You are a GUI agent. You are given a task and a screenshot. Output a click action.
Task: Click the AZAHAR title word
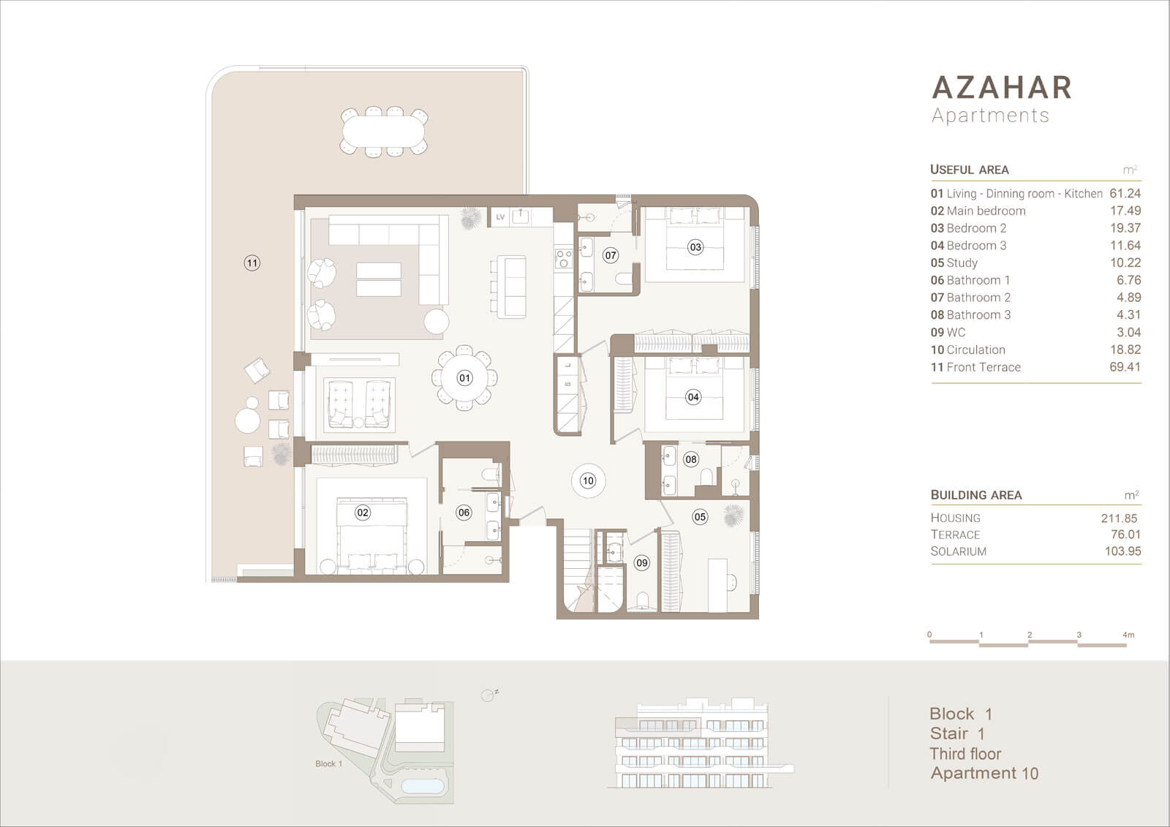[x=1002, y=87]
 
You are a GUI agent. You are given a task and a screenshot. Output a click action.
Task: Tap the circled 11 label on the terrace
[x=252, y=263]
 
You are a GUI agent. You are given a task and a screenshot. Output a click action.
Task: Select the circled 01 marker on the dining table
[x=464, y=378]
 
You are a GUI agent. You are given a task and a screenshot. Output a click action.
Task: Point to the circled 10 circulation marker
[x=588, y=480]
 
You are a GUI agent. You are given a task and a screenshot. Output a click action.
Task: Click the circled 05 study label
[x=700, y=517]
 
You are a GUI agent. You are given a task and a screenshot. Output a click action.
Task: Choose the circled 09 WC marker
[x=642, y=562]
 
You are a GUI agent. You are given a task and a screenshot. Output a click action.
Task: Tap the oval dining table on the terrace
[x=384, y=131]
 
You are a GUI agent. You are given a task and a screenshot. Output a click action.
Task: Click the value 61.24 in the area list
[x=1125, y=193]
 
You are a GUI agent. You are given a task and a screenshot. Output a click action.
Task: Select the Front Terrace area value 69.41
[x=1125, y=367]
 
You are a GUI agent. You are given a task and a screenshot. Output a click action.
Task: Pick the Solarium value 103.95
[x=1122, y=551]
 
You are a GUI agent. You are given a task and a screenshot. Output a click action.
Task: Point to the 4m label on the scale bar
[x=1128, y=635]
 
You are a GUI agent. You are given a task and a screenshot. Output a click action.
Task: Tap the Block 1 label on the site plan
[x=328, y=764]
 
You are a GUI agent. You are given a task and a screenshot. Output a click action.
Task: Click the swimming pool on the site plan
[x=422, y=786]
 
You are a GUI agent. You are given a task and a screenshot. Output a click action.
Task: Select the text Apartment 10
[x=984, y=773]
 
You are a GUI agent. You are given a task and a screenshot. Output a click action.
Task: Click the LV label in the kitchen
[x=500, y=217]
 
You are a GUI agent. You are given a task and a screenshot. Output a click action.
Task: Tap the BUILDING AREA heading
[x=976, y=495]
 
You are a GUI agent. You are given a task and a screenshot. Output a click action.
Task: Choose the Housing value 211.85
[x=1119, y=518]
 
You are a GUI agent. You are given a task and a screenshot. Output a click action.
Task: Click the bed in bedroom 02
[x=371, y=533]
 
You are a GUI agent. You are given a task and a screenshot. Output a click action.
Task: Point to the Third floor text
[x=965, y=754]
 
